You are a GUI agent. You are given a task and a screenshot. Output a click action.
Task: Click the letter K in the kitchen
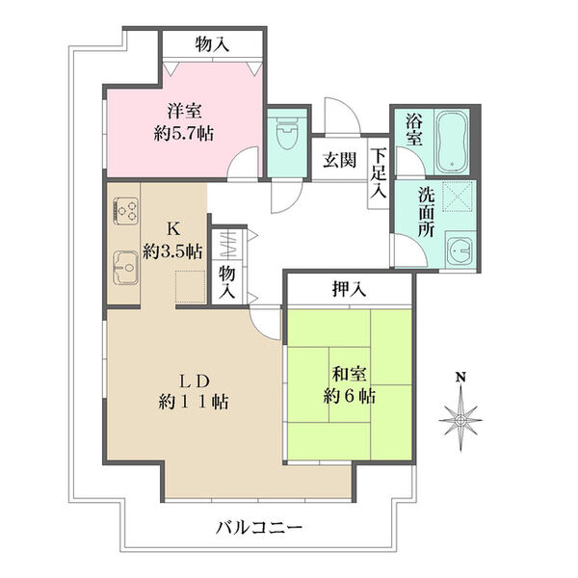[173, 229]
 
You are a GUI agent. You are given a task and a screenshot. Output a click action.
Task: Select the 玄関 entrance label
[338, 160]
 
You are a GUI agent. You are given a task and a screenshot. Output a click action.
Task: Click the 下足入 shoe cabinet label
[380, 172]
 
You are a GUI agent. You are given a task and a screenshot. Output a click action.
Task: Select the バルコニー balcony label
[259, 527]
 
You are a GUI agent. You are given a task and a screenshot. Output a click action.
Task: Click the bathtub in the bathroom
[451, 143]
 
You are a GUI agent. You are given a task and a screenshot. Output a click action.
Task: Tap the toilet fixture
[286, 136]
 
